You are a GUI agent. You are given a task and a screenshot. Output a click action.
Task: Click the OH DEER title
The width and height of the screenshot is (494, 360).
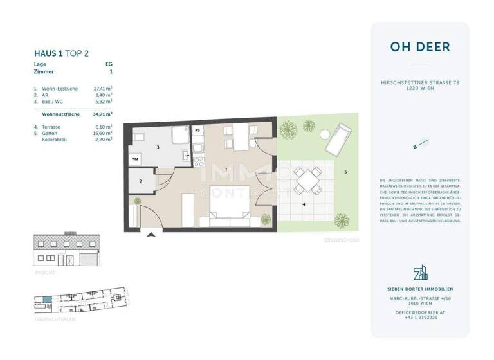419,47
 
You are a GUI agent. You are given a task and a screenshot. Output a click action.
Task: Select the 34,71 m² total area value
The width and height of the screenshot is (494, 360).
103,113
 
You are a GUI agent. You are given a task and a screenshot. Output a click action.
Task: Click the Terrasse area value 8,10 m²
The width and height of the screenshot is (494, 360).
103,127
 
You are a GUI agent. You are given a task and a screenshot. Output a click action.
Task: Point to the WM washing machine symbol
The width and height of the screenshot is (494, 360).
135,157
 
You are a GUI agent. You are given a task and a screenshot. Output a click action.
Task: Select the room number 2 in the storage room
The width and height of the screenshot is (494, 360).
141,181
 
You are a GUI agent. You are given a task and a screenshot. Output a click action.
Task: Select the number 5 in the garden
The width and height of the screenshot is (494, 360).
345,172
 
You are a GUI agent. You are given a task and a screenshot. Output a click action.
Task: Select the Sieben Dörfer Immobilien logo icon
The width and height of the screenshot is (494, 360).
419,273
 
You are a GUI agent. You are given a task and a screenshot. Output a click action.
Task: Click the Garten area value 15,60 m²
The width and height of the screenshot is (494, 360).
103,132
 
